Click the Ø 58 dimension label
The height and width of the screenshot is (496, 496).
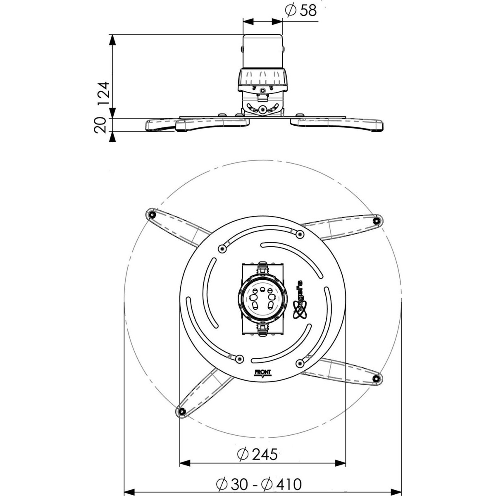pos(300,11)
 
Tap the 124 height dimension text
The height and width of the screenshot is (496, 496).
pos(103,94)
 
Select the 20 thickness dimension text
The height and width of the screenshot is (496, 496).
pos(100,125)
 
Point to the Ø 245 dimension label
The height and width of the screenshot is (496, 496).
pos(257,433)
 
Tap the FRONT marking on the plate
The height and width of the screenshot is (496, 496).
pos(262,372)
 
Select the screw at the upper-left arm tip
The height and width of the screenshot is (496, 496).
pos(153,215)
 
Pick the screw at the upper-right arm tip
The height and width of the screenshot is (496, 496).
pos(377,220)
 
